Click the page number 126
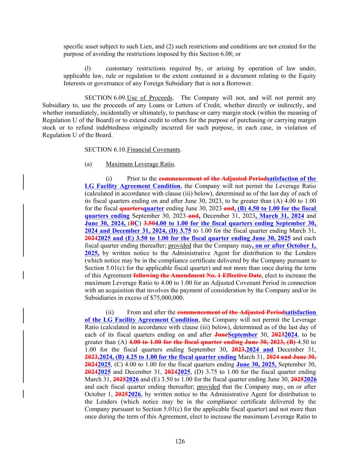coord(180,441)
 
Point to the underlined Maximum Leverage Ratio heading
coord(140,164)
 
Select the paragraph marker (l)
coord(88,69)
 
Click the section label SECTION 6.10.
coord(105,150)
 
